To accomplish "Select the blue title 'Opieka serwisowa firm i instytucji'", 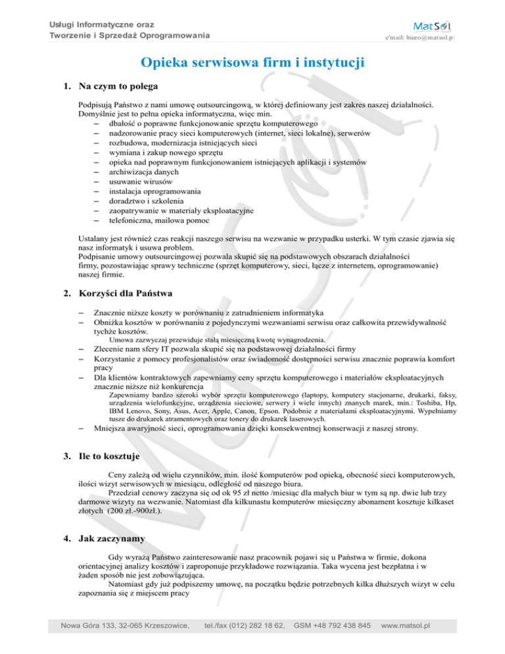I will (252, 64).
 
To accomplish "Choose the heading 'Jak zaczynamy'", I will (112, 538).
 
